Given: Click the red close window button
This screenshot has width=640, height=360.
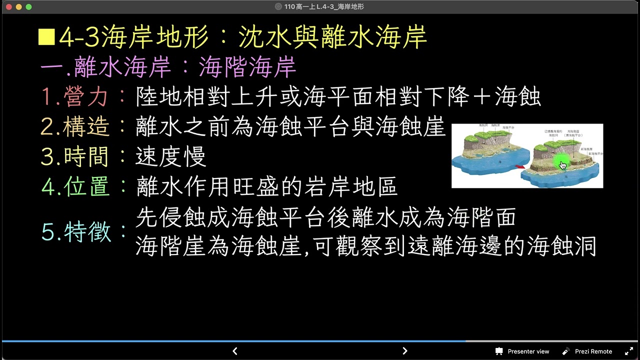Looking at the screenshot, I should click(9, 7).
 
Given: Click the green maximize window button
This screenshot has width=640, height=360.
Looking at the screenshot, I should click(28, 7).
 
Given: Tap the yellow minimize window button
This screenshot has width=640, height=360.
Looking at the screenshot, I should click(19, 7).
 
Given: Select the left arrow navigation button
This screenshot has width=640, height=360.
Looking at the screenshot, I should click(235, 351).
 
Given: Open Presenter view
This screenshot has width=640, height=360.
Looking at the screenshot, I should click(522, 351).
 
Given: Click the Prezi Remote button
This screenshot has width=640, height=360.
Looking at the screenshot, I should click(587, 351).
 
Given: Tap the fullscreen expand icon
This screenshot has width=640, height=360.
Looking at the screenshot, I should click(629, 351).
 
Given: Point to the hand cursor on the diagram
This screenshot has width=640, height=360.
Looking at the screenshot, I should click(563, 165).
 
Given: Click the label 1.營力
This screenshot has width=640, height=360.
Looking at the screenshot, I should click(75, 97).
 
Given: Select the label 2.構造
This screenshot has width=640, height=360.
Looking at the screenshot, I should click(75, 127).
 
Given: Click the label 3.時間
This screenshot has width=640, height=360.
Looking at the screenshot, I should click(75, 157).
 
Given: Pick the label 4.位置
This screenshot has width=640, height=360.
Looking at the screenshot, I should click(75, 187).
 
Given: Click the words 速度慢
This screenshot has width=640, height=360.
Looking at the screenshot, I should click(170, 157).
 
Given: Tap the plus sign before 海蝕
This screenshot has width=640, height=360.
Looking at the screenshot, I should click(481, 97).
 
